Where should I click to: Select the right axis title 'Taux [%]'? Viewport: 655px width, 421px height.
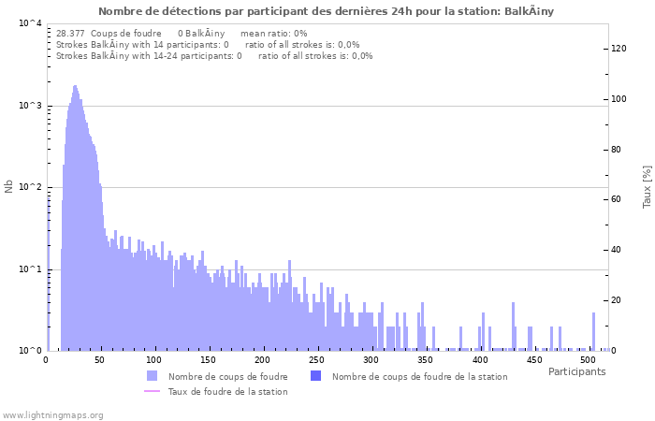646,187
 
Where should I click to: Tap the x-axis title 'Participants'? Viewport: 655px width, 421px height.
576,371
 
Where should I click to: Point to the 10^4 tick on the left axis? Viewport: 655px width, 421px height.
29,23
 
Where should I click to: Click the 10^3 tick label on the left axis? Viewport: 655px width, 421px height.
29,106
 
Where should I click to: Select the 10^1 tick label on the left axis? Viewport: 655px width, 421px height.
29,269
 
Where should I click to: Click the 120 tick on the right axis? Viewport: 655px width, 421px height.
619,49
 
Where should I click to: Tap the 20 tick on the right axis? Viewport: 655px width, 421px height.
619,300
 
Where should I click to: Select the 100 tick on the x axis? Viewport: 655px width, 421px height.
154,359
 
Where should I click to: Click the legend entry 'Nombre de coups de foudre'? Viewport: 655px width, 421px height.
227,376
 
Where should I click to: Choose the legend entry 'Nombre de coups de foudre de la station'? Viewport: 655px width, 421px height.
419,376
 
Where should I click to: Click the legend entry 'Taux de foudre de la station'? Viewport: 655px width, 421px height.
227,391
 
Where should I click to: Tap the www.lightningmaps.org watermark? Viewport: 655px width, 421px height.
53,414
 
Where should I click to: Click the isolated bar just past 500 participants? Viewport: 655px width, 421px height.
593,331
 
